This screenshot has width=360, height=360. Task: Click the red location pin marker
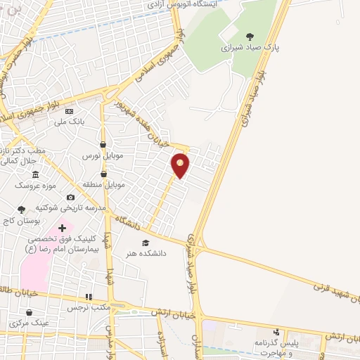[181, 165]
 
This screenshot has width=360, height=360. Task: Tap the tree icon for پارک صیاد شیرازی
[250, 37]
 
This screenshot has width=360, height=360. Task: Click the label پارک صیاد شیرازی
[246, 49]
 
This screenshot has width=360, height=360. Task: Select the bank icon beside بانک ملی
[69, 111]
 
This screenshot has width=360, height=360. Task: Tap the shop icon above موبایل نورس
[103, 144]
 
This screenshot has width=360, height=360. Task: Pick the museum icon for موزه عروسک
[34, 174]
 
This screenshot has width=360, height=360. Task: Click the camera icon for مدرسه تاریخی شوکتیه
[70, 198]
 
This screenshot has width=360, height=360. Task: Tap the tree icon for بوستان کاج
[21, 209]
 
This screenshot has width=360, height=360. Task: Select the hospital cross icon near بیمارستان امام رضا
[62, 228]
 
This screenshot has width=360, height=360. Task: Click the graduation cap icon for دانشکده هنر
[145, 243]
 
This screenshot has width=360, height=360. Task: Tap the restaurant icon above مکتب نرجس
[88, 297]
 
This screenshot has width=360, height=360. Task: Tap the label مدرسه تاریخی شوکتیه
[71, 208]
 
